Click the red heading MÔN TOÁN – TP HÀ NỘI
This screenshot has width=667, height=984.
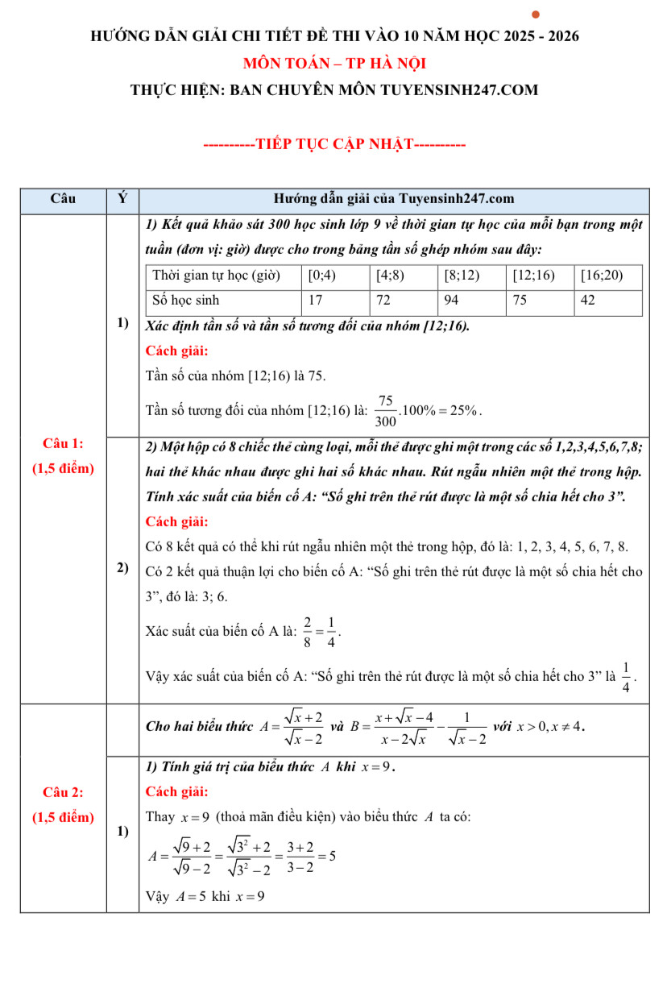(334, 63)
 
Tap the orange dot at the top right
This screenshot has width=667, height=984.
(536, 15)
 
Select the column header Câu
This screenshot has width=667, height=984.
(63, 199)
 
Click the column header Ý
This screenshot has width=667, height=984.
(122, 199)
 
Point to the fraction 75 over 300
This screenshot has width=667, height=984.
(385, 410)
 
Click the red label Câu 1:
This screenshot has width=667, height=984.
(63, 443)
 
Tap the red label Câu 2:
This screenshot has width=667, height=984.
(63, 791)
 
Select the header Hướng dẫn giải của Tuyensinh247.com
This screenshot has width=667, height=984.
(393, 199)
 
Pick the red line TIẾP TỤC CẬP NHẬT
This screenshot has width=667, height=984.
(334, 145)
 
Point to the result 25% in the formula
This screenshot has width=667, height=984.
(466, 410)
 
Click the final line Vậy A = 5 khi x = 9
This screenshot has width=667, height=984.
(205, 896)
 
